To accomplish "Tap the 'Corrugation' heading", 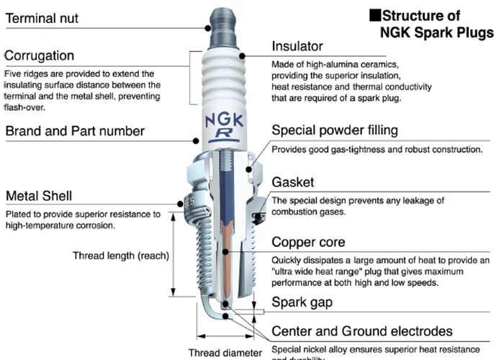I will point(40,55).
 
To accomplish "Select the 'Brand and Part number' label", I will point(75,131).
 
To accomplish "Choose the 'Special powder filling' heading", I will point(334,130).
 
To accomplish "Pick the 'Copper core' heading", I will point(308,243).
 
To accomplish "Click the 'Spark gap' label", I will point(302,302).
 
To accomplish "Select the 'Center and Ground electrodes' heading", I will point(361,331).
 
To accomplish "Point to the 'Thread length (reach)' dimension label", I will point(121,256).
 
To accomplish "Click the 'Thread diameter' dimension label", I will point(225,353).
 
